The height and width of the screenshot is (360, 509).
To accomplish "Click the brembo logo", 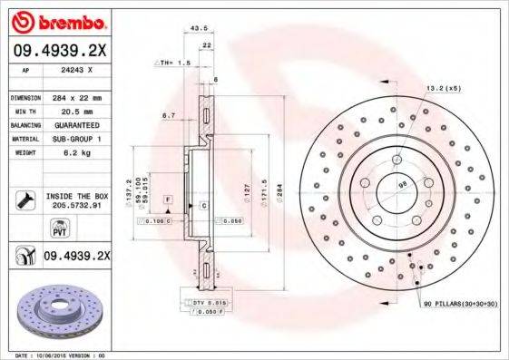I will [x=57, y=20].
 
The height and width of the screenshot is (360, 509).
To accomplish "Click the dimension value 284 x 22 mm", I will [x=75, y=97].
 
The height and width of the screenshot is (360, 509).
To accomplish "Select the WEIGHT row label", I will [x=24, y=153].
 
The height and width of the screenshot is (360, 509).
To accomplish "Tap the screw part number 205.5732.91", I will [x=75, y=206].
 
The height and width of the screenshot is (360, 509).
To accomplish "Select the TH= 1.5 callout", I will [x=174, y=63].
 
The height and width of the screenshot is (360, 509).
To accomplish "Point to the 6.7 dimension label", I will [x=167, y=116].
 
